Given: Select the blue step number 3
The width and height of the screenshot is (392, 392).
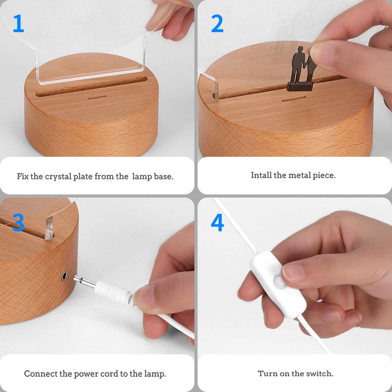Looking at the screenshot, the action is pos(18,222).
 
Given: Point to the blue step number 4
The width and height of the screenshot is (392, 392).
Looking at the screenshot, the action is pos(217,222).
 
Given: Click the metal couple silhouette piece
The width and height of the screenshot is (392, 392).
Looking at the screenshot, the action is pos(301,69).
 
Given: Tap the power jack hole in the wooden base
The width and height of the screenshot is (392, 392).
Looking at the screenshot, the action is pos(64,276).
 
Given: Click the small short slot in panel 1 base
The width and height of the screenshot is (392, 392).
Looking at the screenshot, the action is pos(97,97).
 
